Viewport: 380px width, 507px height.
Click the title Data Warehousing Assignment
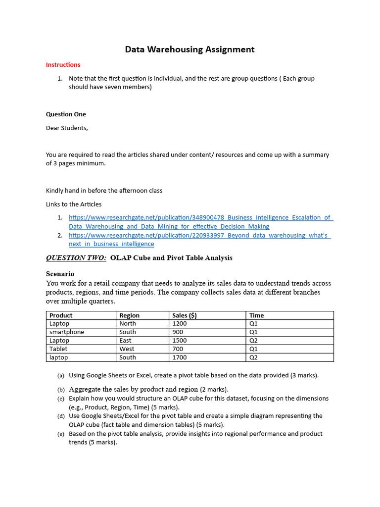190,50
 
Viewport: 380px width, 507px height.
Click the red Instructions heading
63,65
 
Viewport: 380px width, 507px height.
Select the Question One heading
66,114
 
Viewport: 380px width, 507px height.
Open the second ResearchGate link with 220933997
199,235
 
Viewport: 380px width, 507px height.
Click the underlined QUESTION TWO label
76,258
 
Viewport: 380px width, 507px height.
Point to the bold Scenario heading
60,274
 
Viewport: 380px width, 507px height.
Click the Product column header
61,315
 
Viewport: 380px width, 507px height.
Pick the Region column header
130,315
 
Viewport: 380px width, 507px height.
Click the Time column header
256,315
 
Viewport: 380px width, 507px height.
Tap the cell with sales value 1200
180,324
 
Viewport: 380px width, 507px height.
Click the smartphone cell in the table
67,332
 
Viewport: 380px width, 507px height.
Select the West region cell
127,349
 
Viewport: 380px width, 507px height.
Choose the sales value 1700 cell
180,357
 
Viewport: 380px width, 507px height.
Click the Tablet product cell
58,349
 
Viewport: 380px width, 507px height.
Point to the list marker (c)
61,399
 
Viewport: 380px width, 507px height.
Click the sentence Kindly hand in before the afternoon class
104,191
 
